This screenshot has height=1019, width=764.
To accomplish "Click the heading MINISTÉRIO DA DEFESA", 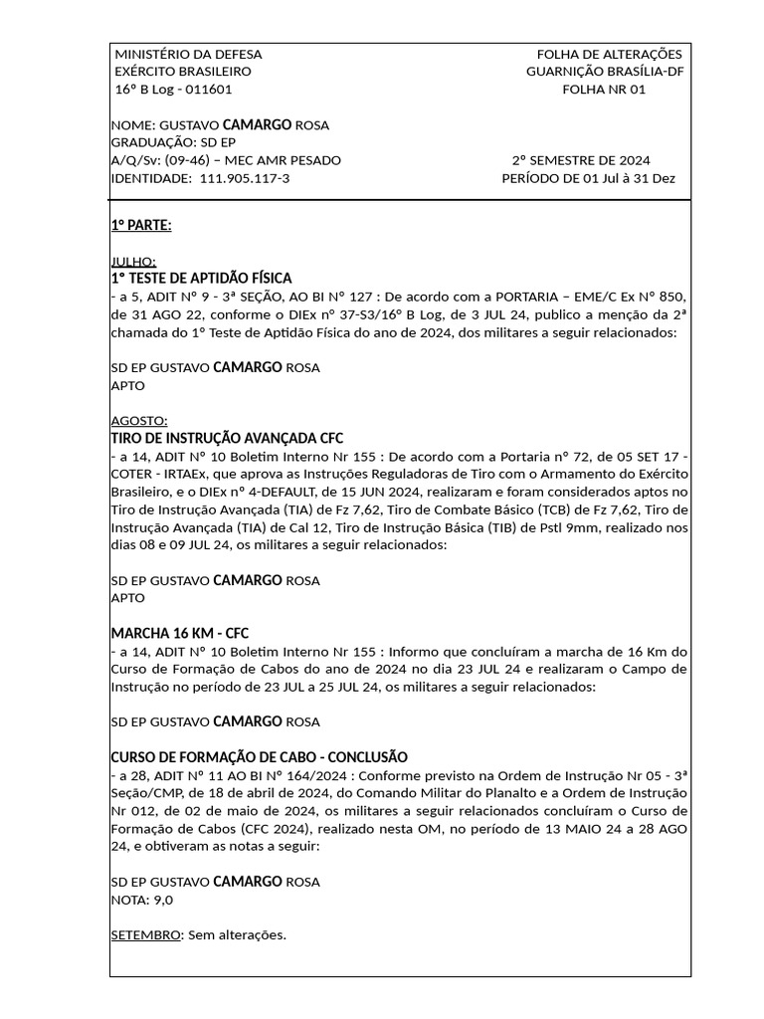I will [189, 54].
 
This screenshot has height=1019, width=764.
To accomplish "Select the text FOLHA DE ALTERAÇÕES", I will [609, 54].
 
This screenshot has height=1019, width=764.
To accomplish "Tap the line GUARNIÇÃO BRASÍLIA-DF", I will [605, 72].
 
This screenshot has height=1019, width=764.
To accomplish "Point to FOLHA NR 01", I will [604, 90].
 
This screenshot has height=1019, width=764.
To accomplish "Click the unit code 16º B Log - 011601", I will [174, 90].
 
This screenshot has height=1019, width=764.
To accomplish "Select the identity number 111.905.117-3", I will [245, 178].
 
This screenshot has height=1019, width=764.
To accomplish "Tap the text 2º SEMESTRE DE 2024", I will [581, 160].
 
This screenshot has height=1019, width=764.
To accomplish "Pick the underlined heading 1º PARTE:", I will [141, 225].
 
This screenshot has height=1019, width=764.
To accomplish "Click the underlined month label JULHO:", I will [133, 261].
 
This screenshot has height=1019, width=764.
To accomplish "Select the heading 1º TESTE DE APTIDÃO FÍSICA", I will [201, 278].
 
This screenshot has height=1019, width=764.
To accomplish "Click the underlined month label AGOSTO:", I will [139, 420].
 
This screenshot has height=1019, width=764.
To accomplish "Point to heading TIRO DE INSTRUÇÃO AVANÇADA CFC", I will [227, 438].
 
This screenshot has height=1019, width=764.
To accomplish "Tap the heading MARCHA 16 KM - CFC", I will [179, 633].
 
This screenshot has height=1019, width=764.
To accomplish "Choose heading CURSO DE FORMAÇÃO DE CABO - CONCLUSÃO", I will [259, 757].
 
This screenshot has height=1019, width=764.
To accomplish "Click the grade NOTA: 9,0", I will [142, 900].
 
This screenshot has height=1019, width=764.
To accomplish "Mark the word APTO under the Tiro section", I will [128, 598].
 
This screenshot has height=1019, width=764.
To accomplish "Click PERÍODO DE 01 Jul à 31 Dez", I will [589, 178].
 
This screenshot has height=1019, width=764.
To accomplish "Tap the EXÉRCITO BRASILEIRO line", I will [184, 72].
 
